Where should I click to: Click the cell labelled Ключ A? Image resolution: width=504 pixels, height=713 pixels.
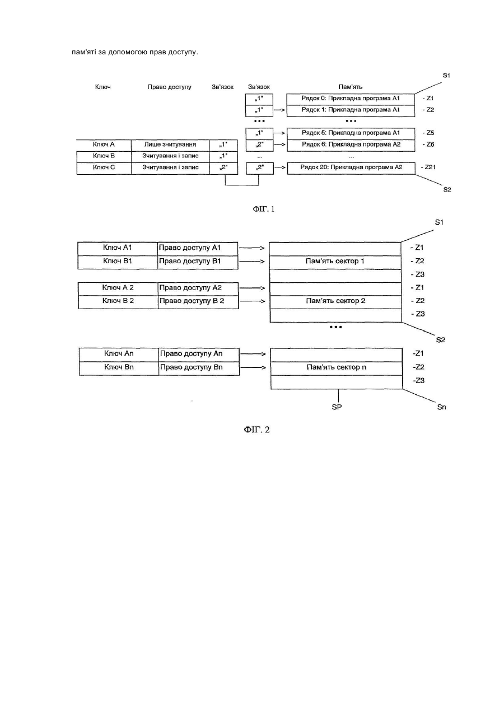pyautogui.click(x=104, y=145)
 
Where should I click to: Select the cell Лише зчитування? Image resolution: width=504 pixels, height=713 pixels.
pyautogui.click(x=170, y=145)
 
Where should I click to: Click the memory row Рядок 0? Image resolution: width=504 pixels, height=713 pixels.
pyautogui.click(x=351, y=99)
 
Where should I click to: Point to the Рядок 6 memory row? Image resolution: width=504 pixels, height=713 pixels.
pyautogui.click(x=351, y=145)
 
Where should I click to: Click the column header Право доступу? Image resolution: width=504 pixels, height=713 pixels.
pyautogui.click(x=169, y=87)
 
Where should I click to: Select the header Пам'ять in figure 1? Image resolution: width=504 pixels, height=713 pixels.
pyautogui.click(x=351, y=87)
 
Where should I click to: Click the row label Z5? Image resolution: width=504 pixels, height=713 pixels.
pyautogui.click(x=428, y=133)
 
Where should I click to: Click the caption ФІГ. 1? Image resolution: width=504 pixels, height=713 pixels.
pyautogui.click(x=263, y=209)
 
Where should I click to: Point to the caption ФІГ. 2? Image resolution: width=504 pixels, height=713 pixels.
pyautogui.click(x=257, y=430)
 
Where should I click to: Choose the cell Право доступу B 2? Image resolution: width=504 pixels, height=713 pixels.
pyautogui.click(x=198, y=302)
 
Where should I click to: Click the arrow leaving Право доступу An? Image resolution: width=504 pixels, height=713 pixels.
pyautogui.click(x=253, y=354)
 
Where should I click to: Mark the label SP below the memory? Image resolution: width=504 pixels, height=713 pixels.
pyautogui.click(x=337, y=407)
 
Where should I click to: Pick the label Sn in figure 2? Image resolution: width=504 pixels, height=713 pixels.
pyautogui.click(x=441, y=407)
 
